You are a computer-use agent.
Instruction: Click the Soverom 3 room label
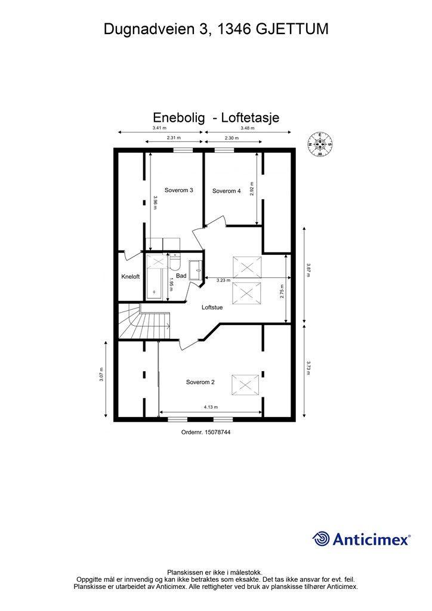coord(178,190)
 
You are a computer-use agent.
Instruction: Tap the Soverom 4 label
coord(226,191)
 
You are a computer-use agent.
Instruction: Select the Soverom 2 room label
coord(200,382)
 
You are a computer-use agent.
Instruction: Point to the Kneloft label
coord(130,277)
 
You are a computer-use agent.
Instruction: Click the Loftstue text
coord(212,307)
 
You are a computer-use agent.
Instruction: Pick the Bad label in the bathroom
coord(181,276)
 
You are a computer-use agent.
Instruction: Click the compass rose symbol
coord(320,144)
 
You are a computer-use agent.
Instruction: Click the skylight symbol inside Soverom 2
coord(245,384)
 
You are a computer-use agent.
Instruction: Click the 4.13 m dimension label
coord(210,407)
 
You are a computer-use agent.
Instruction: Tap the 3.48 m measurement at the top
coord(247,128)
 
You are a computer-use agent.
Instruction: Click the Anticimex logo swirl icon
coord(321,539)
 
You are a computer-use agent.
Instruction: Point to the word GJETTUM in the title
coord(294,28)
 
